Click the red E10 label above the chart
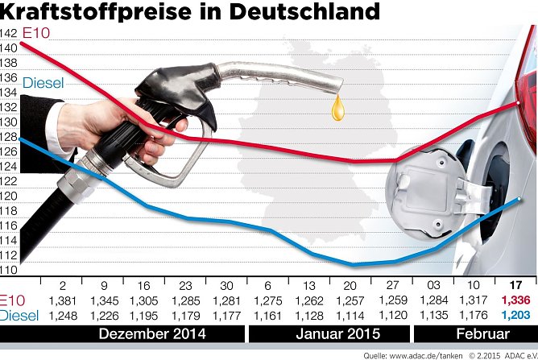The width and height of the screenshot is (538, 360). pyautogui.click(x=36, y=33)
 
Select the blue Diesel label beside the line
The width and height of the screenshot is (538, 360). pyautogui.click(x=43, y=83)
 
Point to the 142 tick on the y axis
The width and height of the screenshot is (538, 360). pyautogui.click(x=10, y=33)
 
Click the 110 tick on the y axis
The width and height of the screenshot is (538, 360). pyautogui.click(x=10, y=271)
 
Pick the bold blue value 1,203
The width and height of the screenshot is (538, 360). pyautogui.click(x=514, y=315)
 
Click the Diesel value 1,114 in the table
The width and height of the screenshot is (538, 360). pyautogui.click(x=350, y=315)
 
